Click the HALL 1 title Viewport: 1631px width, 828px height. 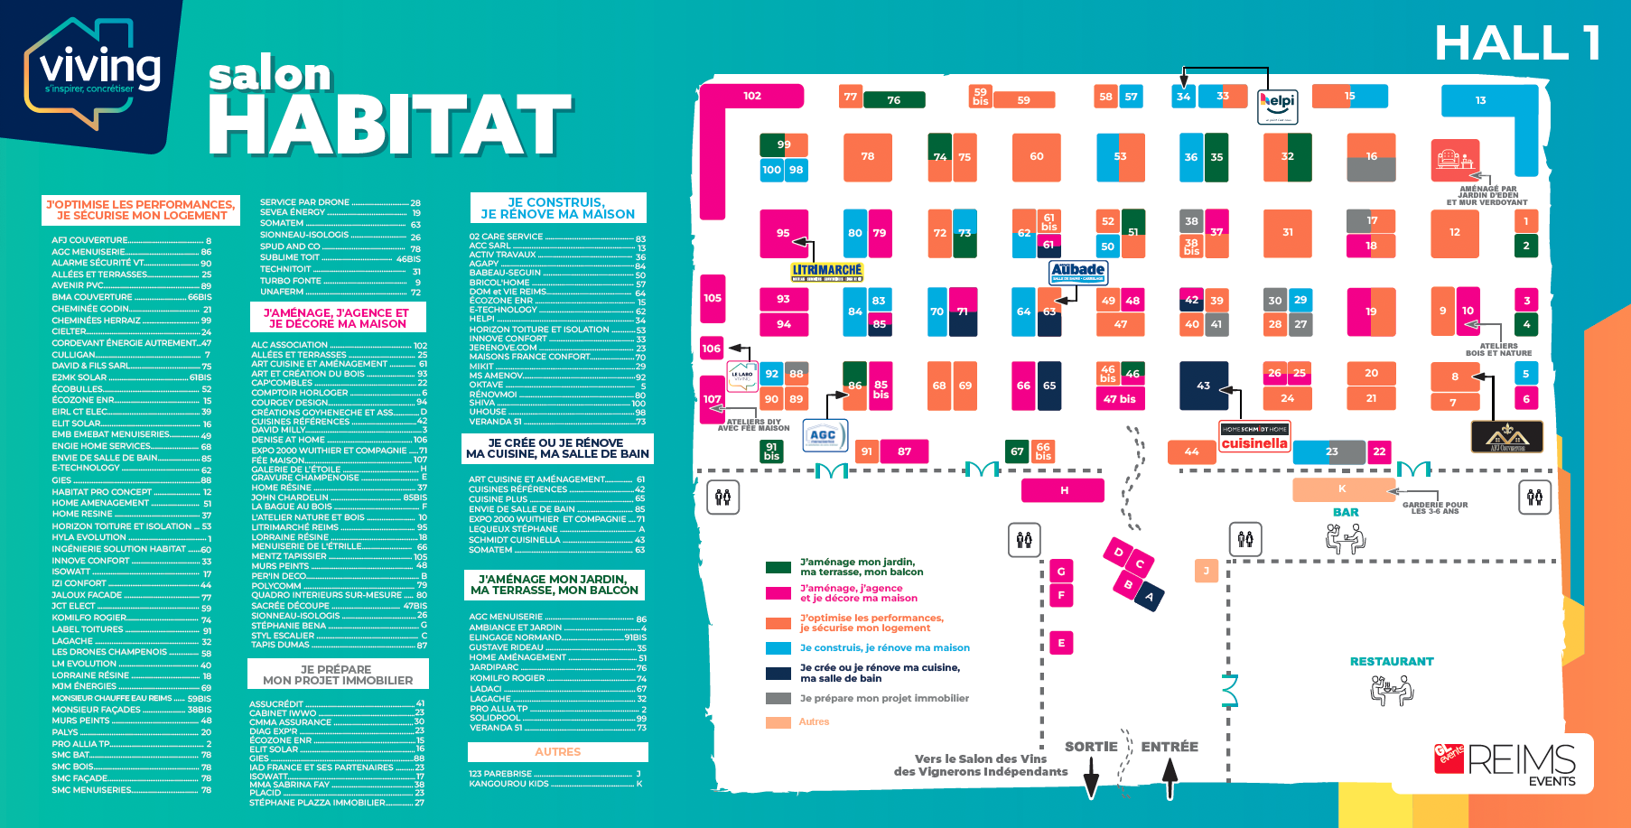pyautogui.click(x=1518, y=43)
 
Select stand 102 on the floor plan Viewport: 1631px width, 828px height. pyautogui.click(x=751, y=96)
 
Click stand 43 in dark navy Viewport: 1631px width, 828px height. pyautogui.click(x=1204, y=386)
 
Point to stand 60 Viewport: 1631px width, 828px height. pyautogui.click(x=1036, y=157)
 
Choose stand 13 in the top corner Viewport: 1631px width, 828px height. pyautogui.click(x=1480, y=101)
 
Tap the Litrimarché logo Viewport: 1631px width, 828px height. pyautogui.click(x=826, y=271)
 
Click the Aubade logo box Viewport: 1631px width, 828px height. pyautogui.click(x=1078, y=271)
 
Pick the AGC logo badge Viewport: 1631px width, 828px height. pyautogui.click(x=824, y=435)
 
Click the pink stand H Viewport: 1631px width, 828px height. pyautogui.click(x=1063, y=490)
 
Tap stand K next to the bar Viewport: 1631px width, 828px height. pyautogui.click(x=1343, y=489)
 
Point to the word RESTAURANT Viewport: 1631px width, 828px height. pyautogui.click(x=1392, y=662)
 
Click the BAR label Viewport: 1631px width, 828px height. pyautogui.click(x=1346, y=512)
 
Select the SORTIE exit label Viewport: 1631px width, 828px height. pyautogui.click(x=1091, y=747)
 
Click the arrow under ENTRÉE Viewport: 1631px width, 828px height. pyautogui.click(x=1170, y=777)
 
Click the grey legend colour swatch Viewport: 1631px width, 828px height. pyautogui.click(x=778, y=699)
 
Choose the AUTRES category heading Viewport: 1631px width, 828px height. pyautogui.click(x=557, y=752)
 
